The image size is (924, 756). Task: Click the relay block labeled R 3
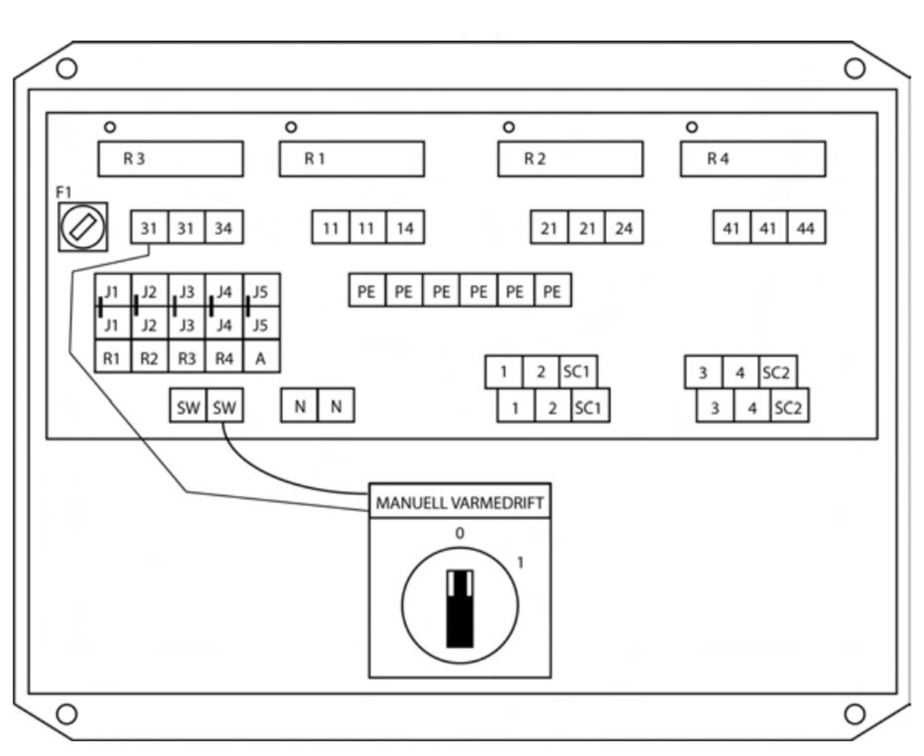tap(170, 159)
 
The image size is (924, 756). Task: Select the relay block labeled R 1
tap(351, 159)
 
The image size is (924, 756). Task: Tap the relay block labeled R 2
tap(570, 159)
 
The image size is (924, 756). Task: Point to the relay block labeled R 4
tap(752, 159)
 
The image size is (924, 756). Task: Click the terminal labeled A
tap(261, 358)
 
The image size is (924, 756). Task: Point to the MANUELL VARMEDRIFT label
tap(460, 503)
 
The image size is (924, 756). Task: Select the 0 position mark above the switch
tap(460, 533)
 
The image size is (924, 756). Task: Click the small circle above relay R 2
tap(509, 127)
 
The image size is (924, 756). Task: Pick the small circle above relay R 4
tap(692, 127)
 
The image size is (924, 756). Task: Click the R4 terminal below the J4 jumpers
tap(224, 358)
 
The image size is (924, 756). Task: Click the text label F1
tap(64, 192)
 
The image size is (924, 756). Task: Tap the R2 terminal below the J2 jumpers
tap(149, 358)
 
